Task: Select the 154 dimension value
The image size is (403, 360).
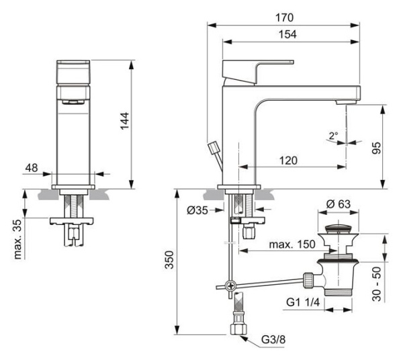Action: (x=288, y=34)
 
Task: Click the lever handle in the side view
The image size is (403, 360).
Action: (x=259, y=69)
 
